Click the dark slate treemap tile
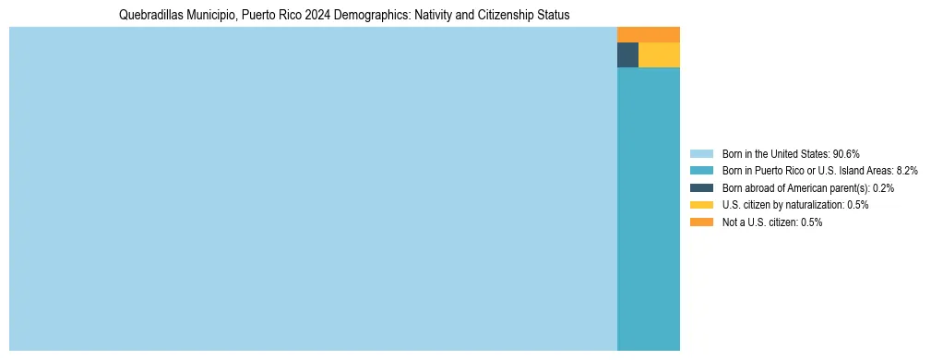627,55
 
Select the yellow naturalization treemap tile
659,55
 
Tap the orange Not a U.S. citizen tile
648,35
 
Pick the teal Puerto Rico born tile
648,209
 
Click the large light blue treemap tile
313,189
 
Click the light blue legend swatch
701,154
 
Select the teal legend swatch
701,171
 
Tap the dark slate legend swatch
701,188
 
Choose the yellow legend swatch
701,205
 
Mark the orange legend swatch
701,222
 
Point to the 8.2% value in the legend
879,171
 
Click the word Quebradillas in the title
150,16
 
